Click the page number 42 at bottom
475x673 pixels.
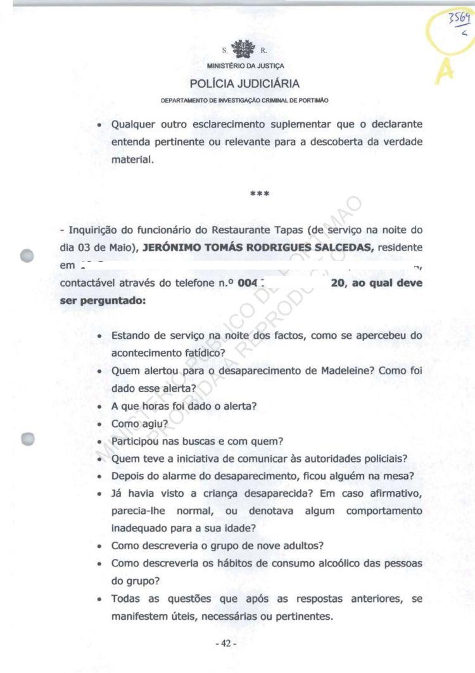(x=225, y=643)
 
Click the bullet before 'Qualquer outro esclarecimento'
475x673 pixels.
(x=100, y=125)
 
